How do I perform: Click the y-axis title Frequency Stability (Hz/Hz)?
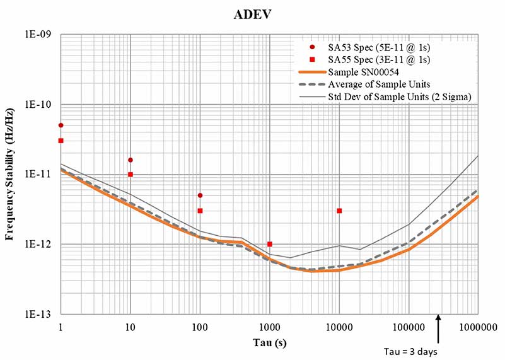click(x=10, y=173)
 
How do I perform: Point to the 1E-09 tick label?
click(x=39, y=35)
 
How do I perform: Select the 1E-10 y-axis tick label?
click(x=39, y=105)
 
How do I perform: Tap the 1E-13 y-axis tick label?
click(x=39, y=314)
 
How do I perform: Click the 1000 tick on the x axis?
click(x=270, y=327)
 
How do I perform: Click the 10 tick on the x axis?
click(x=130, y=327)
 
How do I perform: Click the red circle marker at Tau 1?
click(x=61, y=125)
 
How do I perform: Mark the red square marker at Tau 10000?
click(x=339, y=211)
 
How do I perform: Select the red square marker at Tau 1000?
click(x=270, y=244)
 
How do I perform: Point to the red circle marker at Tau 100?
click(x=200, y=195)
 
